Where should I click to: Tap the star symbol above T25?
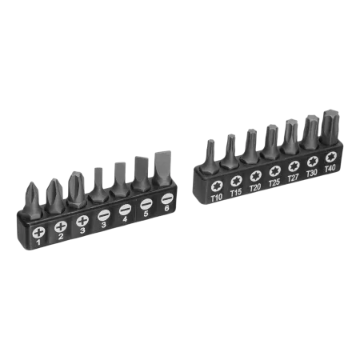(x=274, y=168)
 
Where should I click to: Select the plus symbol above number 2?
(x=60, y=226)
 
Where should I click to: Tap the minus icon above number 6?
(x=167, y=198)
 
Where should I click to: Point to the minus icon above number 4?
(x=126, y=210)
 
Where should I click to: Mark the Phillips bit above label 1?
(x=32, y=198)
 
